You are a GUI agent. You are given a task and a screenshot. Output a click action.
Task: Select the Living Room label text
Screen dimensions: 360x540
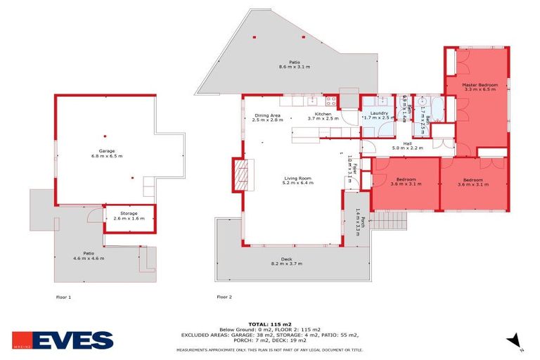click(297, 180)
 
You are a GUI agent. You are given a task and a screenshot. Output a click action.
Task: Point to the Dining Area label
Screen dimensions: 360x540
click(268, 117)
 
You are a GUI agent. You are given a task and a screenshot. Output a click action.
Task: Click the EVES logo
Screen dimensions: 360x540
click(72, 340)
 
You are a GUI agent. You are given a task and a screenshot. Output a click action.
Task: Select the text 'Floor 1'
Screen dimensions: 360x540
click(63, 297)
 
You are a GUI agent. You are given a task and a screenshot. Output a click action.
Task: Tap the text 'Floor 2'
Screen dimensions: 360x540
click(224, 297)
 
